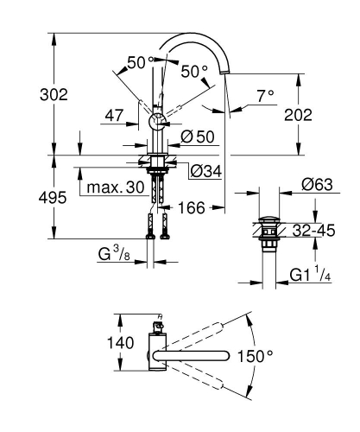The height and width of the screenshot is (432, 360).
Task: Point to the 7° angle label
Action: pos(264,94)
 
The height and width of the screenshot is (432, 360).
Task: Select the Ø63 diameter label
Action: pos(319,183)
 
